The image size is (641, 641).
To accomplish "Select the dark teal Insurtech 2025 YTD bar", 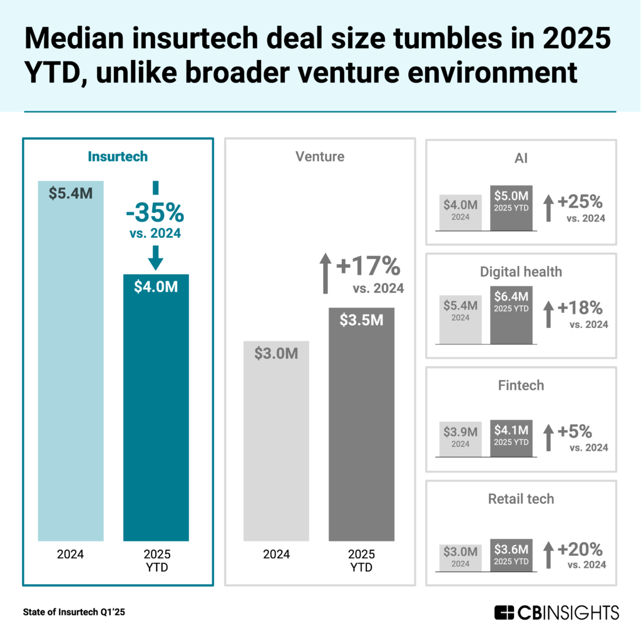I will click(156, 407).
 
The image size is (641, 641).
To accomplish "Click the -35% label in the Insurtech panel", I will click(155, 213).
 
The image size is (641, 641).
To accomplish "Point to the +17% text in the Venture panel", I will click(368, 267).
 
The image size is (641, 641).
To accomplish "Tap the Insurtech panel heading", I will click(118, 156).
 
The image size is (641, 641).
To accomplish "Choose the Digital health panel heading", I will click(521, 272).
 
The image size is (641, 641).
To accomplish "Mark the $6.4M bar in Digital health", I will click(511, 319).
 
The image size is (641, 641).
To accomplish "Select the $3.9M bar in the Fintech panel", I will click(460, 438).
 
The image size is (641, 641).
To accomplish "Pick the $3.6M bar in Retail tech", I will click(511, 554).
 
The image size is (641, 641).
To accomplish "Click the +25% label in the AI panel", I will click(580, 202).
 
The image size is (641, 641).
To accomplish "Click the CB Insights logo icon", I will click(504, 612).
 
